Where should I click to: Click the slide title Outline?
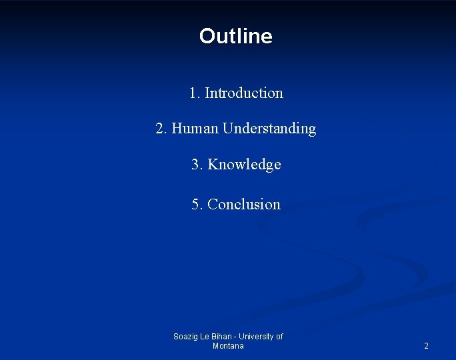pos(235,36)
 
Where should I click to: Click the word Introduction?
pos(244,93)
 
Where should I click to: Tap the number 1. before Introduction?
pos(194,93)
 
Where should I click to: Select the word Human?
pos(195,129)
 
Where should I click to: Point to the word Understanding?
pos(269,129)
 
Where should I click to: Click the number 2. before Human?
pos(161,129)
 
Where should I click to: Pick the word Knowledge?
pos(245,165)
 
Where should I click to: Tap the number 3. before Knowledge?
pos(197,165)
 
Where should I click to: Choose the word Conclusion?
pos(244,205)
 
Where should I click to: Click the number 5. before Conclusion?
pos(197,205)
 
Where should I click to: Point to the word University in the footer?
pos(255,337)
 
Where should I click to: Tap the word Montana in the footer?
pos(228,346)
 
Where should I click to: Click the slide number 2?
pos(426,346)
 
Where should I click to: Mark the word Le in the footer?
pos(206,337)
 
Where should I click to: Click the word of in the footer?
pos(279,337)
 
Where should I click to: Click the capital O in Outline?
pos(207,36)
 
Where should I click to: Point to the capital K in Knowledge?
pos(213,165)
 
